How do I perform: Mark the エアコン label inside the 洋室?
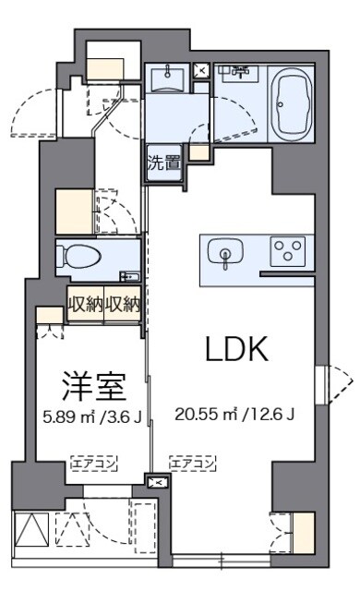click(x=93, y=464)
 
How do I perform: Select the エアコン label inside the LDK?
click(x=193, y=464)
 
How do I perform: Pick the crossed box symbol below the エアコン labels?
click(x=158, y=482)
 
